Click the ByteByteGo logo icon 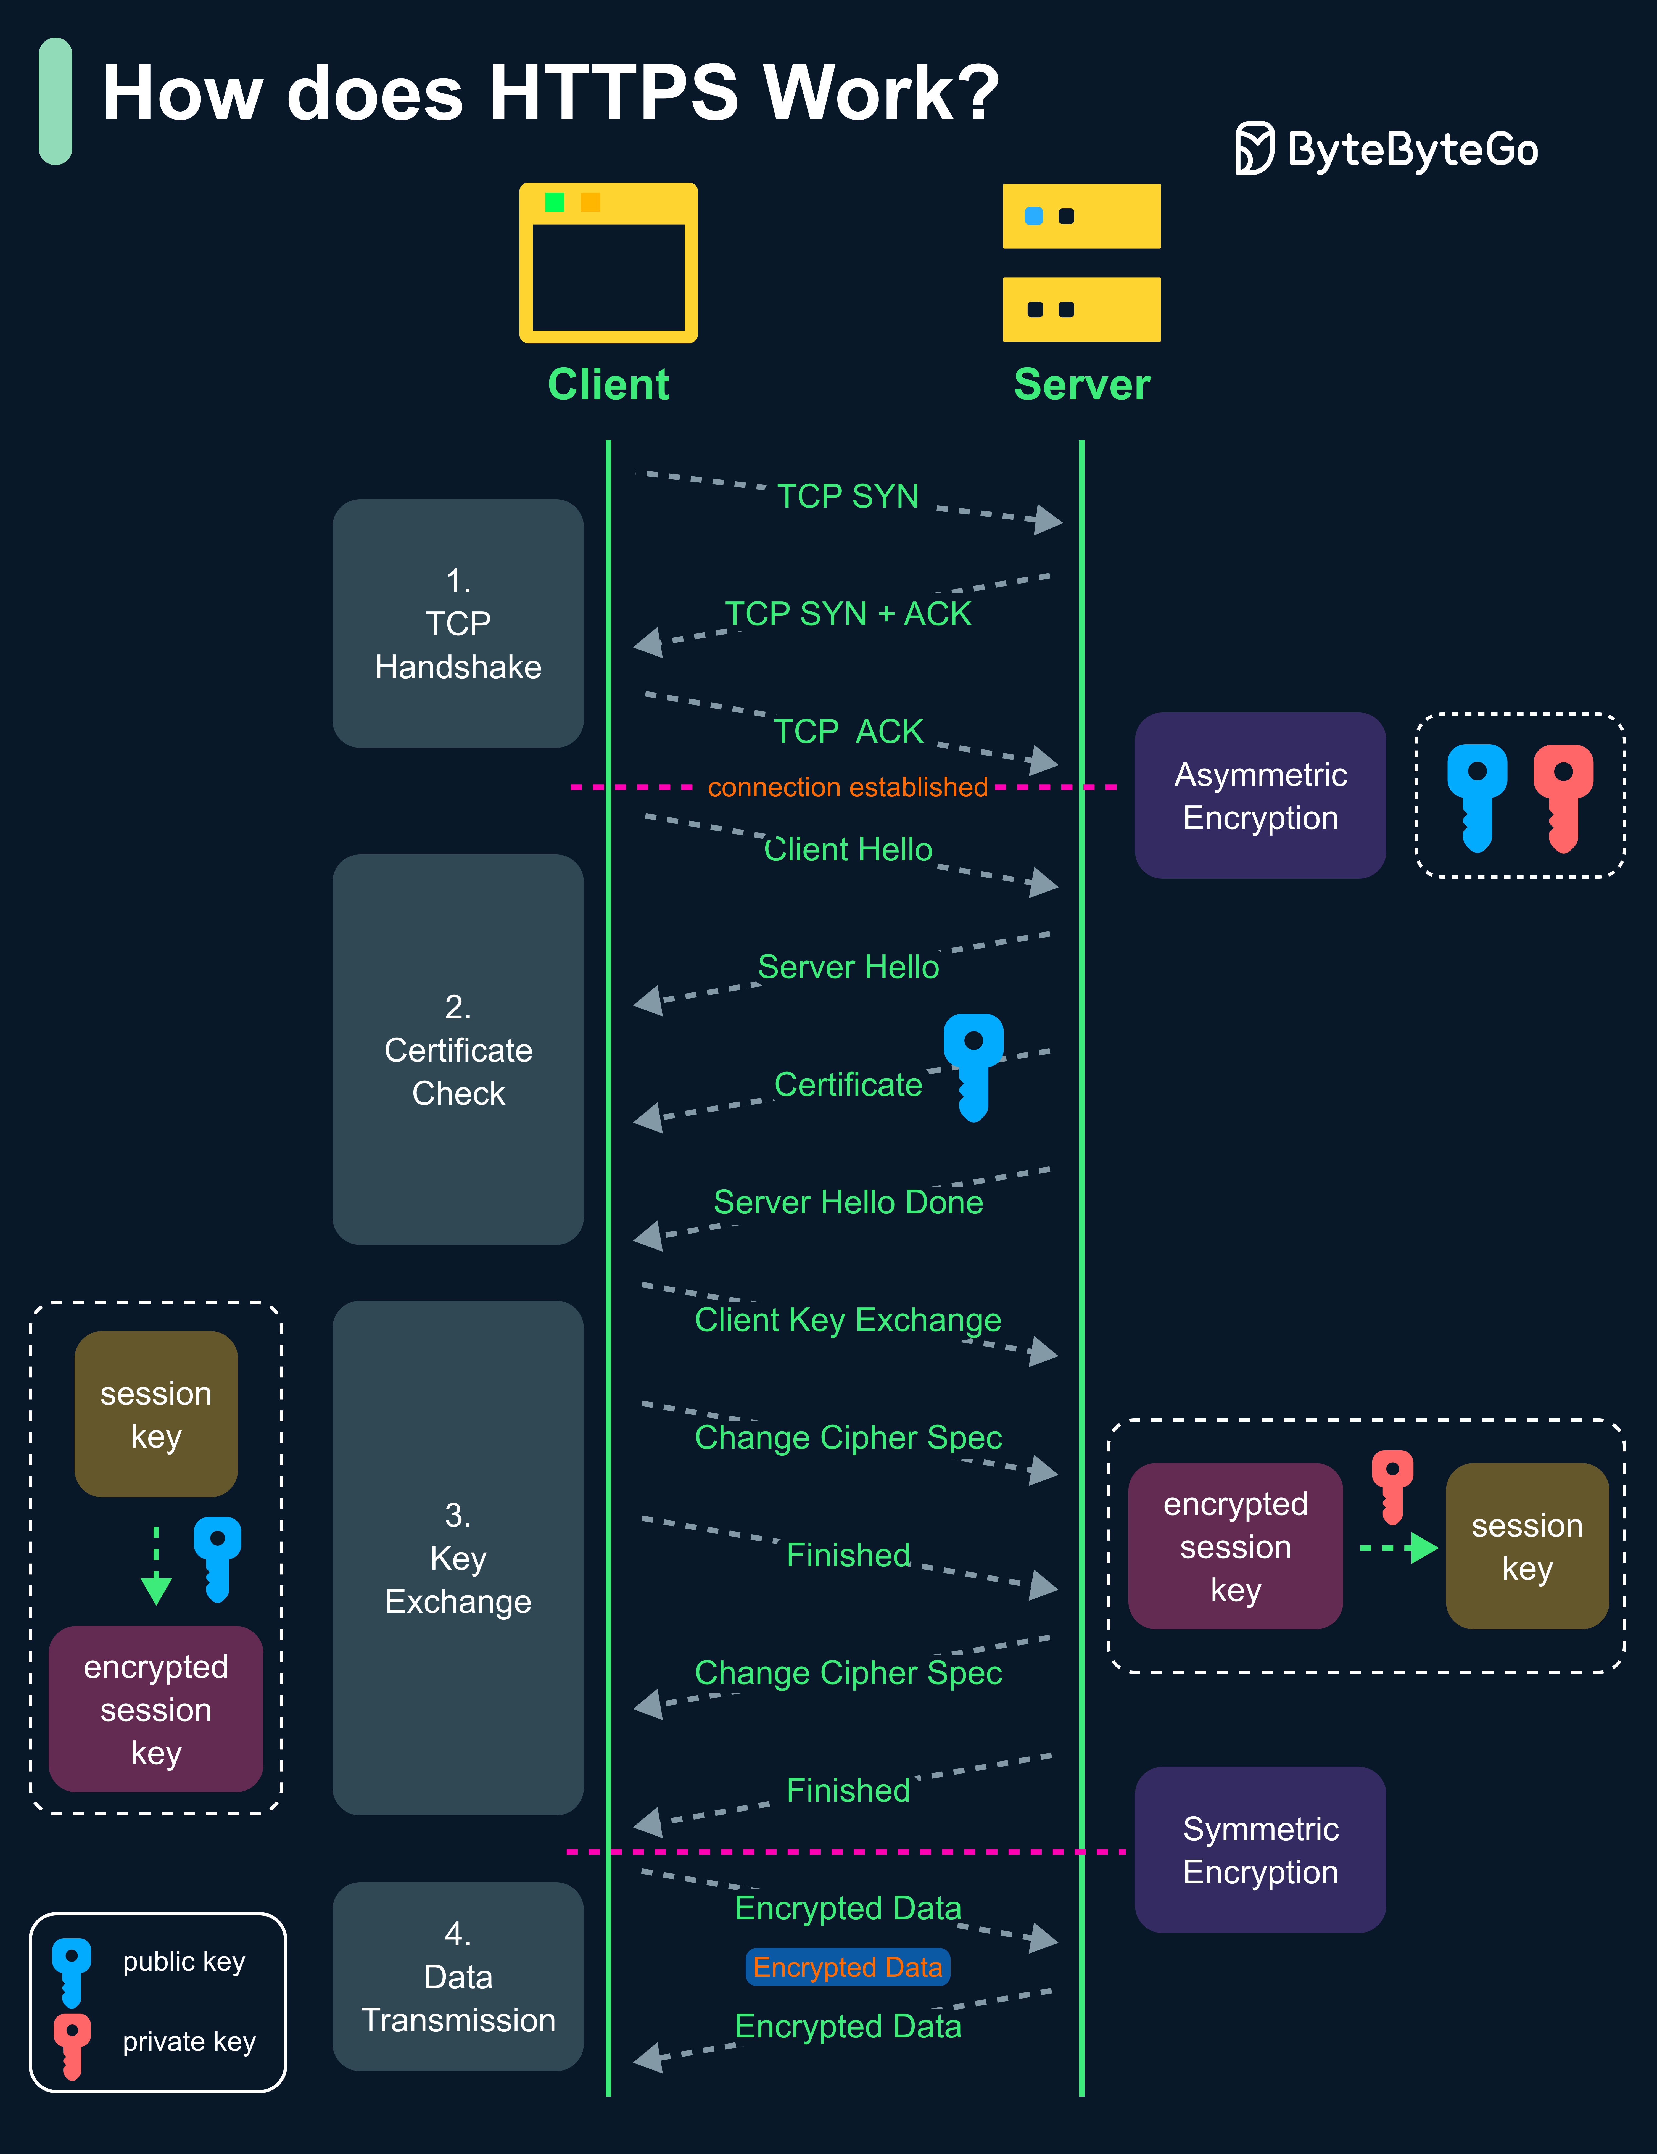(x=1255, y=149)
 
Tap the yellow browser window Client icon (x=609, y=262)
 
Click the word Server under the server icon (x=1082, y=385)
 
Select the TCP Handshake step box (x=458, y=623)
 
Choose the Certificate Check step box (x=458, y=1049)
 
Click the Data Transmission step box (x=458, y=1976)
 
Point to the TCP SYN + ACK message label (x=848, y=613)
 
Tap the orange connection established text (x=847, y=787)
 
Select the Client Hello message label (x=848, y=849)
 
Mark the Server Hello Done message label (x=848, y=1202)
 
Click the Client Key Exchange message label (x=848, y=1320)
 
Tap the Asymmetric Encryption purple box (x=1260, y=796)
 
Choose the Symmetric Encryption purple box (x=1260, y=1850)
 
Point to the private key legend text (x=189, y=2042)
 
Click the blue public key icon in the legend (x=72, y=1971)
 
